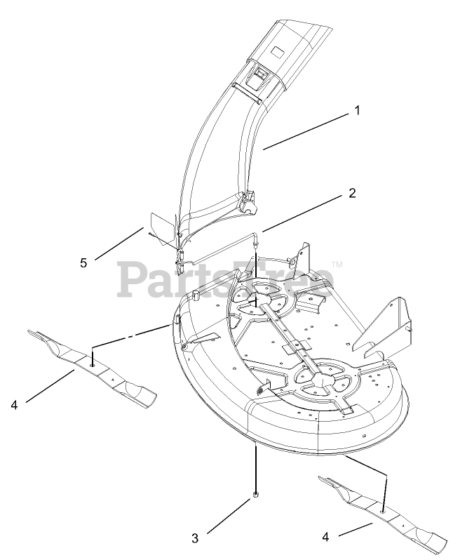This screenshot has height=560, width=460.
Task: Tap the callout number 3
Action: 195,538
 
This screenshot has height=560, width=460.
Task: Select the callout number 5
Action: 84,262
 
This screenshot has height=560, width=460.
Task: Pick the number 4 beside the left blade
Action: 15,405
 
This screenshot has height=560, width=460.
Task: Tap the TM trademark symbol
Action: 337,265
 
